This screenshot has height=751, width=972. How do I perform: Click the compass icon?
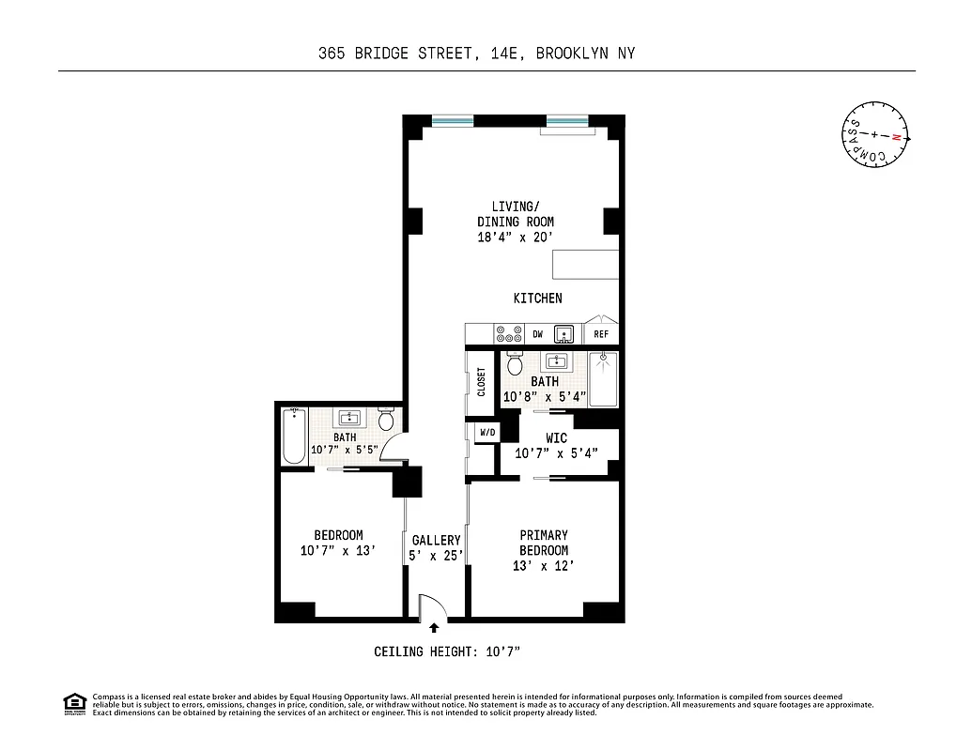pyautogui.click(x=874, y=136)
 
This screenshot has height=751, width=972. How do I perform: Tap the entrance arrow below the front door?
pyautogui.click(x=433, y=629)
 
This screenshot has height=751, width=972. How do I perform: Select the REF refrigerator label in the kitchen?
pyautogui.click(x=601, y=334)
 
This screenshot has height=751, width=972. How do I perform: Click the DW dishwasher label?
pyautogui.click(x=538, y=334)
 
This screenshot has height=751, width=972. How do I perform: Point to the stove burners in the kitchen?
pyautogui.click(x=508, y=334)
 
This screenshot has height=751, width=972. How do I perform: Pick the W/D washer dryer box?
pyautogui.click(x=487, y=433)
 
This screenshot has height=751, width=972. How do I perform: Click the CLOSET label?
pyautogui.click(x=481, y=381)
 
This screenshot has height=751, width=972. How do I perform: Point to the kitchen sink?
pyautogui.click(x=564, y=333)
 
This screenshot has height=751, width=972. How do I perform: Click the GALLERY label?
pyautogui.click(x=436, y=540)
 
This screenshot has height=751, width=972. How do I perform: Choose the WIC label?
pyautogui.click(x=556, y=438)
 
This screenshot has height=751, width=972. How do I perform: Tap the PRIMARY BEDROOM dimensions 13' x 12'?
pyautogui.click(x=544, y=566)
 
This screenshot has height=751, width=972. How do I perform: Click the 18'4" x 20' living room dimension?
pyautogui.click(x=516, y=238)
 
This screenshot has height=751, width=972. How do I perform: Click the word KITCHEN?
pyautogui.click(x=537, y=299)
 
